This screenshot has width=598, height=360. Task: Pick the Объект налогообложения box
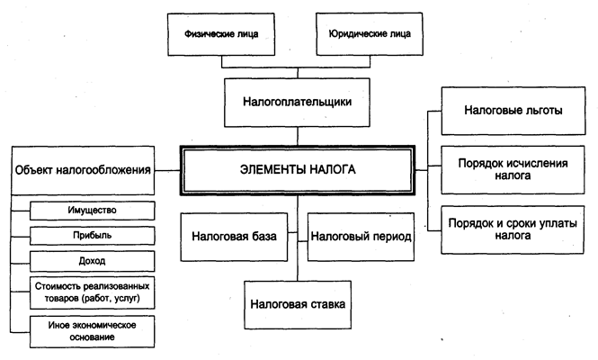point(82,169)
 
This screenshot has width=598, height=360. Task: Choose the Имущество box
point(92,211)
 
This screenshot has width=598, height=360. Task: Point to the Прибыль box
point(92,236)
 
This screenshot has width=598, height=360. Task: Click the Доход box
point(92,260)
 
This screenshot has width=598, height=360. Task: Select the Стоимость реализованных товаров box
point(92,293)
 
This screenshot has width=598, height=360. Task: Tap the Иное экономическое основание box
point(92,330)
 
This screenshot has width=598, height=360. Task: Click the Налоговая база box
point(238,237)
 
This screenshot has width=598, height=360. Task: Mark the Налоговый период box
point(361,237)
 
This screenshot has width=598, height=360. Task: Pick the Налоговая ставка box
point(299,304)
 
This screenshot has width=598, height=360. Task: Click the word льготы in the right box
point(542,111)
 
